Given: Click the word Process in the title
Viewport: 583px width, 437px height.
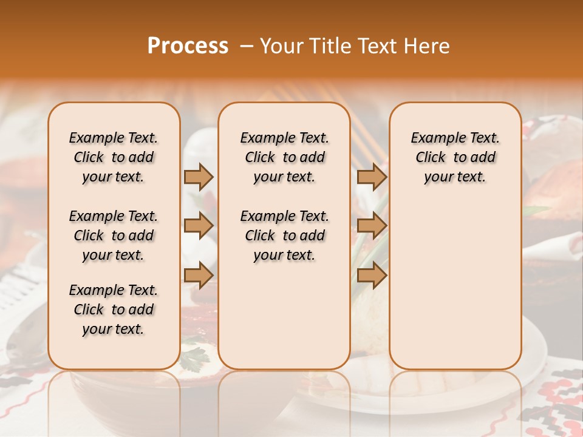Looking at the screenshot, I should click(188, 46).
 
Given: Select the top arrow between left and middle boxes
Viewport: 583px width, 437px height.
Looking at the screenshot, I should click(199, 177).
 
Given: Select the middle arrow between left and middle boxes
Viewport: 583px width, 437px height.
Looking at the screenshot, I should click(199, 226).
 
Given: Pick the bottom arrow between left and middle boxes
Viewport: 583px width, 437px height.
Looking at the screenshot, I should click(199, 275).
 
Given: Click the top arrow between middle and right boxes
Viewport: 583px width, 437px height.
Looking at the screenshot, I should click(372, 177).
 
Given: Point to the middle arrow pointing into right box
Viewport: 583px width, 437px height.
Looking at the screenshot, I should click(372, 226).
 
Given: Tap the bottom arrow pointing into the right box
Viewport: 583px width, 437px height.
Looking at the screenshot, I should click(372, 275).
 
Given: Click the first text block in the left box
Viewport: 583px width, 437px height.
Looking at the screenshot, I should click(114, 157).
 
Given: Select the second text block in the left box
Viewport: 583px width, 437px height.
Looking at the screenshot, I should click(114, 235).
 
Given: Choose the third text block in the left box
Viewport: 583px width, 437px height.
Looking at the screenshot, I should click(114, 310).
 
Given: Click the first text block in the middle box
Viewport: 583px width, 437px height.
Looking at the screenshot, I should click(284, 157).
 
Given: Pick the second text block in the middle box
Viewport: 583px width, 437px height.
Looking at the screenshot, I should click(284, 235).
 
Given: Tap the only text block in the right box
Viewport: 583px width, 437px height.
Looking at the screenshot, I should click(455, 157).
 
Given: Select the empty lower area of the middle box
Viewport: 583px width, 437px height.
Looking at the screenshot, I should click(284, 316).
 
